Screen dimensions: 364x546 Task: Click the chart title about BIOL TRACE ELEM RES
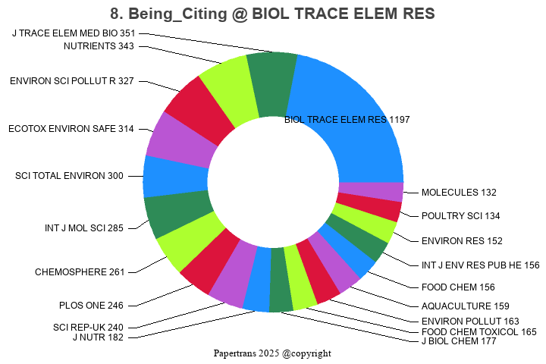[x=272, y=14]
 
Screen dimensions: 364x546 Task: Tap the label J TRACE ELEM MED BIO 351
[x=74, y=33]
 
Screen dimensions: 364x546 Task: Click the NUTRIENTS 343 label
[x=99, y=46]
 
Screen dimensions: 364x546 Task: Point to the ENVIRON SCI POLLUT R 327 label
[x=72, y=81]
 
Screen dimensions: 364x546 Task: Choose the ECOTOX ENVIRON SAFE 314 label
[x=71, y=129]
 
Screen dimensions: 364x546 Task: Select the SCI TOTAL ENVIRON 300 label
[x=69, y=176]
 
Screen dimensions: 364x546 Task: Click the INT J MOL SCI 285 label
[x=83, y=227]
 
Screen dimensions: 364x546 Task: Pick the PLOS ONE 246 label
[x=91, y=306]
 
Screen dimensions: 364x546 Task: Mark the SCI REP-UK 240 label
[x=88, y=327]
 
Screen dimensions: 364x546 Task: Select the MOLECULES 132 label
[x=459, y=193]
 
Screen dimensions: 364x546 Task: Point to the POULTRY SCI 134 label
[x=460, y=216]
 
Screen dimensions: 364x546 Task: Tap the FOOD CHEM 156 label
[x=457, y=287]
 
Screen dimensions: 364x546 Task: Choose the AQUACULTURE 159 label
[x=465, y=306]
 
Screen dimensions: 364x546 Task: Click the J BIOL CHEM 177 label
[x=458, y=341]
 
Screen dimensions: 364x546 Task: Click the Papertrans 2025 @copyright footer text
[x=272, y=353]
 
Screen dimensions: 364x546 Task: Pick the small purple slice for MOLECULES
[x=370, y=191]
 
